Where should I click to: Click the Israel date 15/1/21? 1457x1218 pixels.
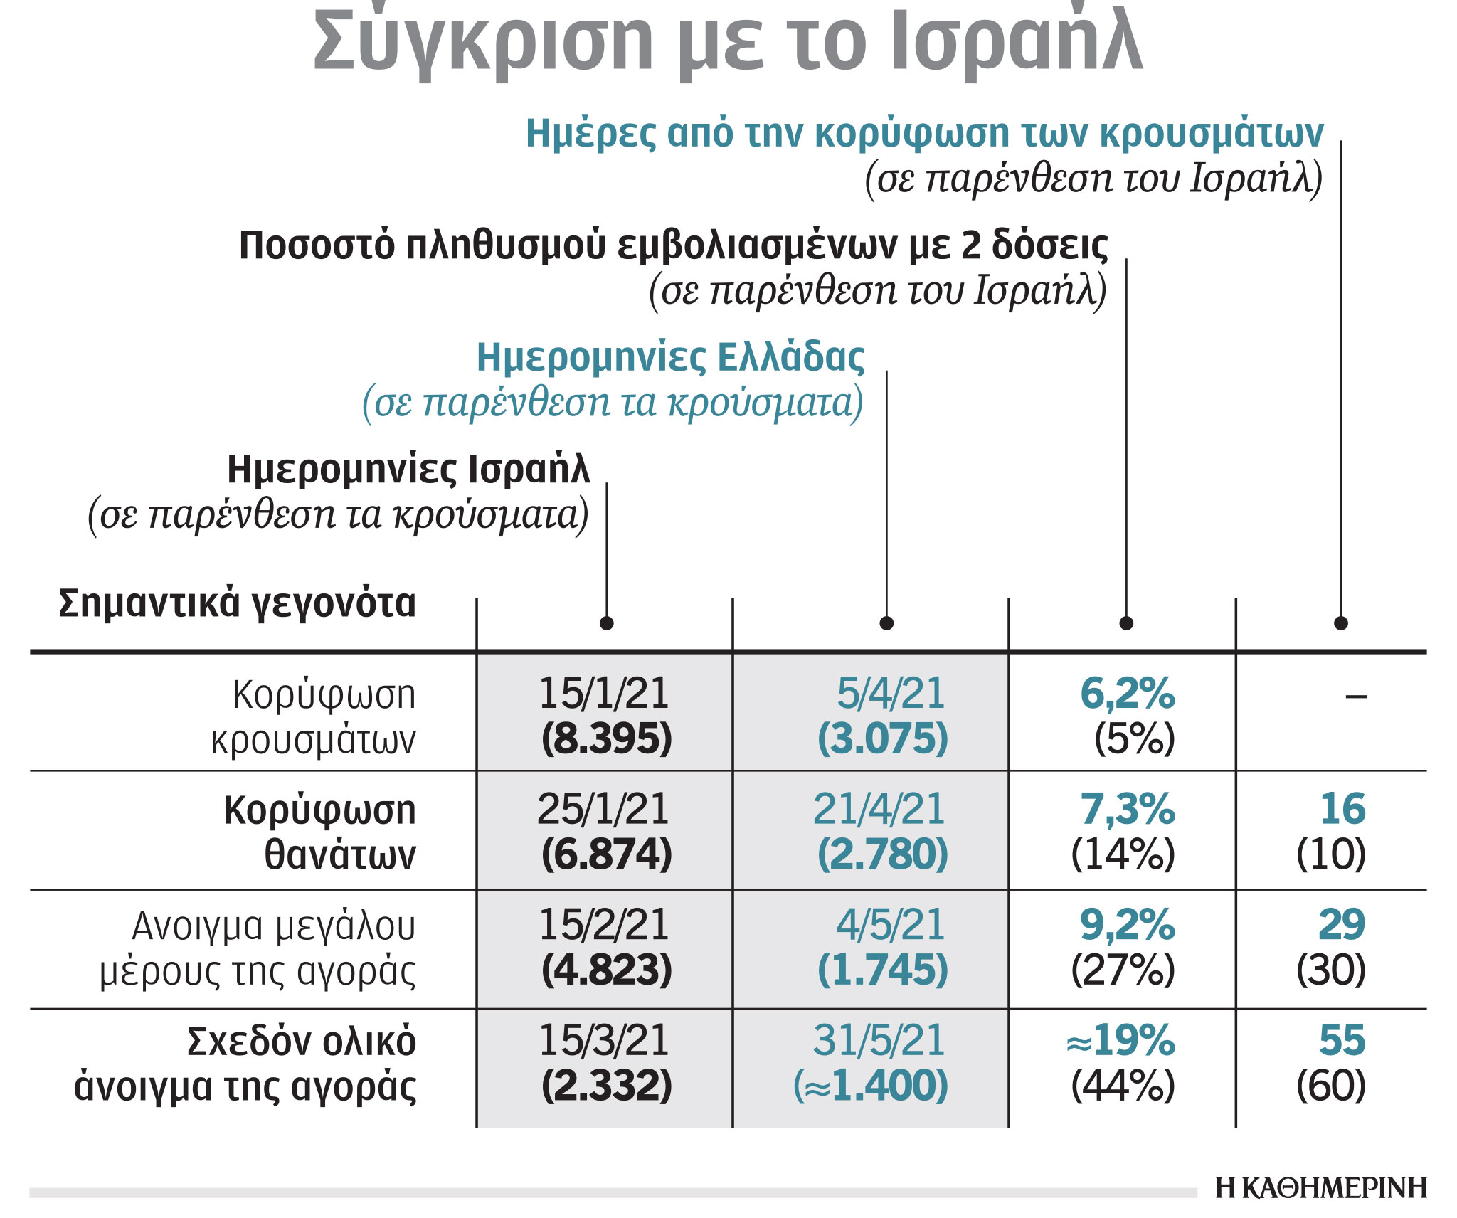tap(604, 693)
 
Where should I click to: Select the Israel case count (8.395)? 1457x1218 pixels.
tap(606, 738)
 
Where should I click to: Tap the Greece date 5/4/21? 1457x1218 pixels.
tap(891, 693)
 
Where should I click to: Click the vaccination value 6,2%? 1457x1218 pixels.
tap(1127, 693)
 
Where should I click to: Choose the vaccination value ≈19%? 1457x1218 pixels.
tap(1120, 1040)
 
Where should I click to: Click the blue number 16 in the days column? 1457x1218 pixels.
tap(1342, 809)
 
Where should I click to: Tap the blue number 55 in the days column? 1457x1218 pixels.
tap(1342, 1040)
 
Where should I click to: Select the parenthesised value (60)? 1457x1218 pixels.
tap(1331, 1086)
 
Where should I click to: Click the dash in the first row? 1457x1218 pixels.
tap(1356, 696)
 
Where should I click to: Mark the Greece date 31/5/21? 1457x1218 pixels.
tap(879, 1040)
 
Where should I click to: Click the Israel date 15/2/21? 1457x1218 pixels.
tap(604, 924)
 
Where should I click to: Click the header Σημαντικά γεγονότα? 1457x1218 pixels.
tap(237, 603)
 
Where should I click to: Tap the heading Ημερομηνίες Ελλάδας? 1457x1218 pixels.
tap(670, 357)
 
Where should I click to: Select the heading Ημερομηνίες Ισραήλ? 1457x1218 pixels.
tap(408, 470)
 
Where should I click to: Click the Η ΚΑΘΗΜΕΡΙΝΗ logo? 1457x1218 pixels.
tap(1321, 1187)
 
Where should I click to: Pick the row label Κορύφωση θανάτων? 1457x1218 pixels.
tap(319, 832)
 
